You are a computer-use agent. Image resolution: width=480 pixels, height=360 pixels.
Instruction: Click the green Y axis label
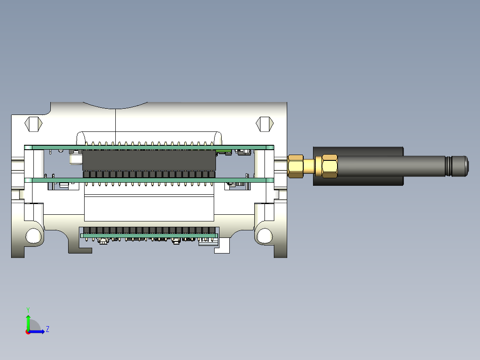click(x=28, y=310)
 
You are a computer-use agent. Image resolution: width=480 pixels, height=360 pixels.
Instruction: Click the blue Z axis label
click(x=48, y=329)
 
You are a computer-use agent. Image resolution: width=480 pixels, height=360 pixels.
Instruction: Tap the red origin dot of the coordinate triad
click(x=28, y=332)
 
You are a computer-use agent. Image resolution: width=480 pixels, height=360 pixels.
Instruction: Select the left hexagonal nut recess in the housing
click(x=33, y=124)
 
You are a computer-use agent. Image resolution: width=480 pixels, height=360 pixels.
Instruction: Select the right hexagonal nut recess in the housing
click(x=264, y=124)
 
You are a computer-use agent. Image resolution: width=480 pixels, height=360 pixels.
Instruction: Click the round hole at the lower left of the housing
click(x=33, y=236)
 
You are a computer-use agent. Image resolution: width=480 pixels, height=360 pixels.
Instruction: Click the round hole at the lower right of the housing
click(x=264, y=236)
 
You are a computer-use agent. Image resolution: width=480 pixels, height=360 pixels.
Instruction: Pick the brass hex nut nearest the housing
click(x=295, y=166)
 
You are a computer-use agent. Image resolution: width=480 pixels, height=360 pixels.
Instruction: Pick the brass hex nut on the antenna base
click(x=329, y=166)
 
